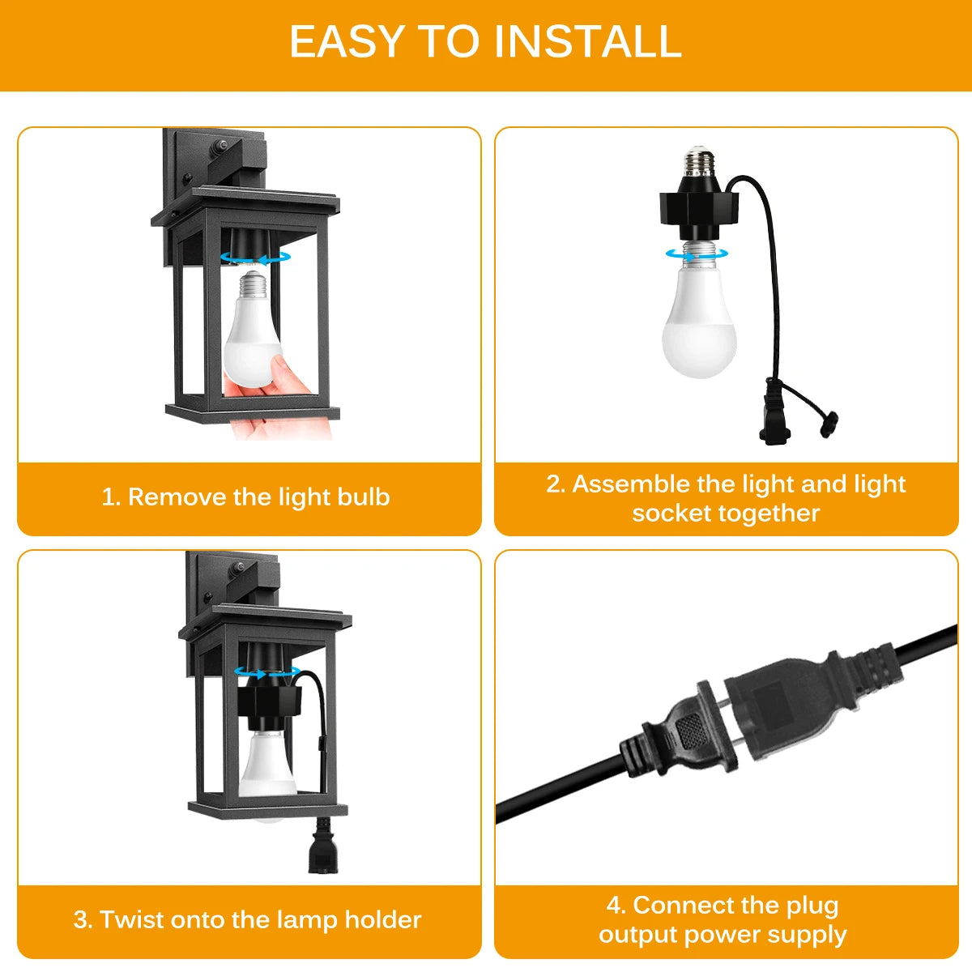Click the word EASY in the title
[347, 41]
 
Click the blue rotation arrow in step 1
[256, 258]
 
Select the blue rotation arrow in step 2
[697, 254]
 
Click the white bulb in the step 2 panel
[699, 318]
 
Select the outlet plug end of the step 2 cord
[774, 412]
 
